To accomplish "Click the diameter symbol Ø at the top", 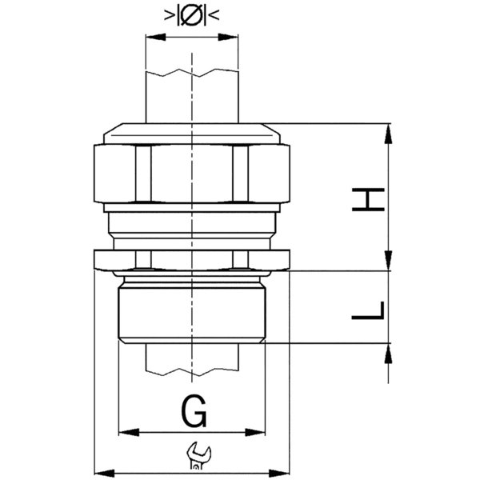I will tap(192, 14).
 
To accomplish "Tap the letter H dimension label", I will tap(369, 198).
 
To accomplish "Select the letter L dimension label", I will tap(369, 310).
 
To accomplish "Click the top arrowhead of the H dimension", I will tap(388, 130).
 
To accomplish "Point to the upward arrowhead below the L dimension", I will tap(388, 352).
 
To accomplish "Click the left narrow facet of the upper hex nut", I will tap(143, 174).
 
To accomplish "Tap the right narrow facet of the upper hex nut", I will tap(241, 174).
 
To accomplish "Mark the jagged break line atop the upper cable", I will tap(192, 74).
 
